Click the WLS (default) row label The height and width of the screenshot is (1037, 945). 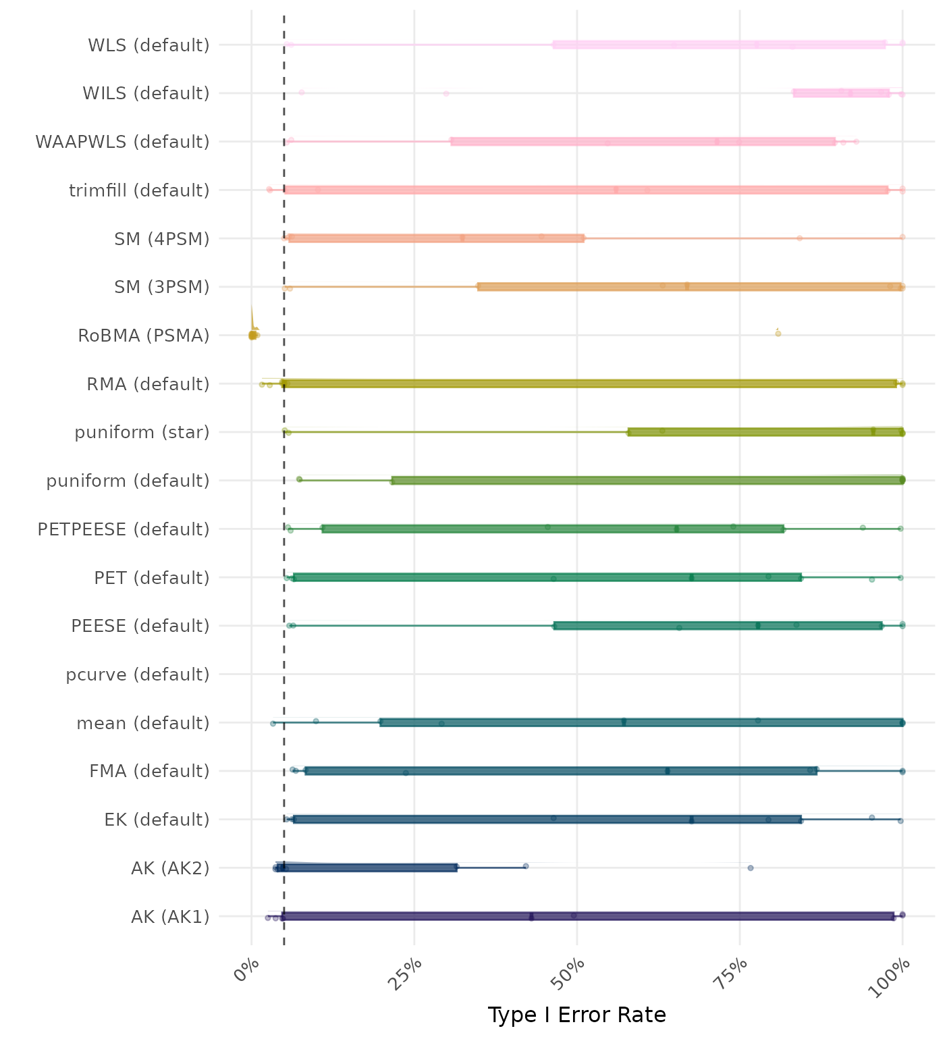click(148, 45)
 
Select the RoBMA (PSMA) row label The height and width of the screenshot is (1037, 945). click(144, 336)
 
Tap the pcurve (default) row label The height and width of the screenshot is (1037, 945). click(138, 674)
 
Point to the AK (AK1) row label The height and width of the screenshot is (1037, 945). click(170, 917)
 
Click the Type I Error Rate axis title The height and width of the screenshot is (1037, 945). click(576, 1015)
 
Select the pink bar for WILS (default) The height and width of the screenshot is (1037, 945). click(841, 93)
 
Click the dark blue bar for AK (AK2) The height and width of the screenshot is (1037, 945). click(367, 868)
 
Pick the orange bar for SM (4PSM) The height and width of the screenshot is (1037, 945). click(436, 238)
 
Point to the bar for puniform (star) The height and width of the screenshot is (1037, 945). click(765, 432)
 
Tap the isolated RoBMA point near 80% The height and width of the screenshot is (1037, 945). click(778, 334)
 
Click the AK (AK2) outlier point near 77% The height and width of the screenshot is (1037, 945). click(751, 868)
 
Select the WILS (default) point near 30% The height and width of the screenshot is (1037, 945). click(446, 93)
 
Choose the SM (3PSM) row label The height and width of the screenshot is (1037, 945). click(162, 287)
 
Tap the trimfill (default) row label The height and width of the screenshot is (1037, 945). click(139, 190)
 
